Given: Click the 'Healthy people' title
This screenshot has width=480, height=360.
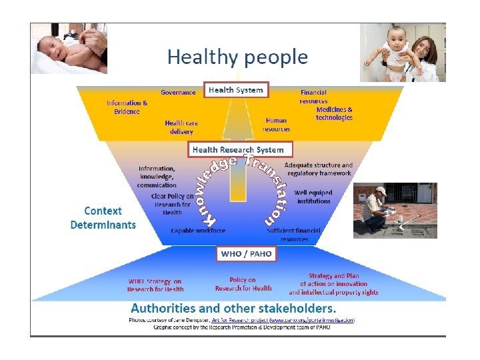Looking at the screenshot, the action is click(237, 57).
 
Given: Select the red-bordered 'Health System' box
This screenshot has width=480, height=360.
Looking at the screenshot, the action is click(236, 90).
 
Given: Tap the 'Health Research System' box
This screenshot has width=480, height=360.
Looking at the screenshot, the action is click(238, 149).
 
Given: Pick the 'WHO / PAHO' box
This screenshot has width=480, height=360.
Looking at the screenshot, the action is click(246, 253).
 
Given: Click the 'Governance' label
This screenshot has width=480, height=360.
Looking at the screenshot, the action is click(179, 93).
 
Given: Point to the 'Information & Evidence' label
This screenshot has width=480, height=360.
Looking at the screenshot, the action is click(127, 107).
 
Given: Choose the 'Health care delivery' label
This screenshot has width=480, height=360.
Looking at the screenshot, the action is click(181, 127).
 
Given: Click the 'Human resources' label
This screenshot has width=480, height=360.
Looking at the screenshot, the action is click(276, 125).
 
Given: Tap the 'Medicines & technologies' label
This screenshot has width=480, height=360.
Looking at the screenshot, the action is click(334, 113).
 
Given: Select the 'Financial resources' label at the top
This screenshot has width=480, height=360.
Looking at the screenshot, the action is click(313, 97).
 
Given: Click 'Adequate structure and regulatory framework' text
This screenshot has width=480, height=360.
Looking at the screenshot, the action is click(318, 169).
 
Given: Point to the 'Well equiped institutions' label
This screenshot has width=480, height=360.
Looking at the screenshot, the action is click(313, 197).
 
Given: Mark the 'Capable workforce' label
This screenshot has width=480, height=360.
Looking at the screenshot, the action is click(198, 231).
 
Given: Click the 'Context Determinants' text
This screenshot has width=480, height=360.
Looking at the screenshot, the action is click(103, 218).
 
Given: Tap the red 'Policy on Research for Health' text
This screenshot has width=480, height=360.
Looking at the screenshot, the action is click(243, 284).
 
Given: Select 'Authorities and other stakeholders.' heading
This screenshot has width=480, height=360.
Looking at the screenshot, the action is click(233, 309).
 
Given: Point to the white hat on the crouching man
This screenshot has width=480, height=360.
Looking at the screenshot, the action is click(381, 191).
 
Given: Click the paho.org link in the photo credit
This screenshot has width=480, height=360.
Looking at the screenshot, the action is click(311, 320).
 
